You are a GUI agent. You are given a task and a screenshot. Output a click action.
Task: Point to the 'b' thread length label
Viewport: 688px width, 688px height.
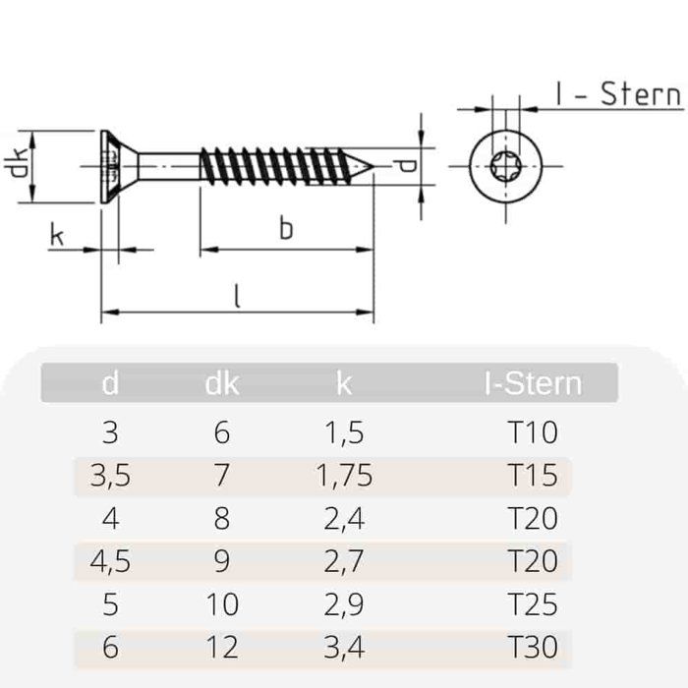(285, 229)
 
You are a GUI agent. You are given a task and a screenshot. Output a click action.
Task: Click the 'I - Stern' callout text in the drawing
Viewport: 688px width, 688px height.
(617, 94)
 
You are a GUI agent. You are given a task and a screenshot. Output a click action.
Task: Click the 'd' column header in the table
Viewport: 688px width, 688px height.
(110, 383)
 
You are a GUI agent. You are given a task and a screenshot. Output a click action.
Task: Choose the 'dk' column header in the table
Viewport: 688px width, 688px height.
(222, 383)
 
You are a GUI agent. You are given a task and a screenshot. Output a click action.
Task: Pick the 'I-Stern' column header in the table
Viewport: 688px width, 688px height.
(533, 383)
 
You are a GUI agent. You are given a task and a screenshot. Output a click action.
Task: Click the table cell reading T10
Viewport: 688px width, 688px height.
(534, 432)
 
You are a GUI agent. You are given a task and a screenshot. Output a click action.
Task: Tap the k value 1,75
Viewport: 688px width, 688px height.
(344, 476)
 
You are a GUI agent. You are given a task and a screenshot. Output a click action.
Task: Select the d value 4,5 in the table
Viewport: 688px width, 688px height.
(110, 561)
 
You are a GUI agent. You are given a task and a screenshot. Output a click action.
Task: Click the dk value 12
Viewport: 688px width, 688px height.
(222, 647)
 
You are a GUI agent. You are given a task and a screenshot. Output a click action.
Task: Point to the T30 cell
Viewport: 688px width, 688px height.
(534, 647)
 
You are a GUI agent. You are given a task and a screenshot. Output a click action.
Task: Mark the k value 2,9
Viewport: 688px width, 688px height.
(344, 603)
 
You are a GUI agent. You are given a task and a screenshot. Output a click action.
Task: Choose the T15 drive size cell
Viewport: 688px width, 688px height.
(534, 476)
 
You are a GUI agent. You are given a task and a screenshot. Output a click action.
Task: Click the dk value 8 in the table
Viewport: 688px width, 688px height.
(222, 518)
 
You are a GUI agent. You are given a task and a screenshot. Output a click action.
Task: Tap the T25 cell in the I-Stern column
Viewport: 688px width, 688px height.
(534, 603)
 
